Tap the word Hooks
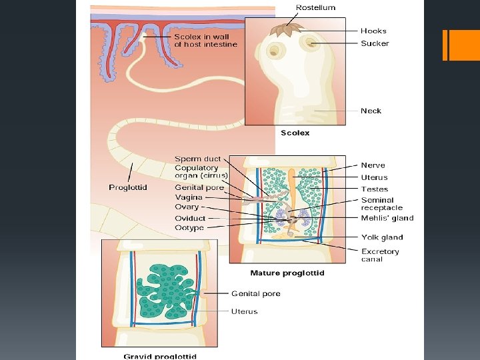tap(373, 31)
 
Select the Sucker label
tap(375, 43)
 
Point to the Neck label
tap(371, 111)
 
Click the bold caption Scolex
tap(295, 133)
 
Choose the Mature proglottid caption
tap(287, 273)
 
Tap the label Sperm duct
tap(197, 159)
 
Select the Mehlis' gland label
tap(387, 218)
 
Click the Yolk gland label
tap(382, 237)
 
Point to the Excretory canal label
tap(380, 255)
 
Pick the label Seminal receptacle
tap(381, 204)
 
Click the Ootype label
tap(189, 228)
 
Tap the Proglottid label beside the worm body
tap(128, 187)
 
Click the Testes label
tap(374, 189)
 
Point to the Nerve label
tap(373, 165)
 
